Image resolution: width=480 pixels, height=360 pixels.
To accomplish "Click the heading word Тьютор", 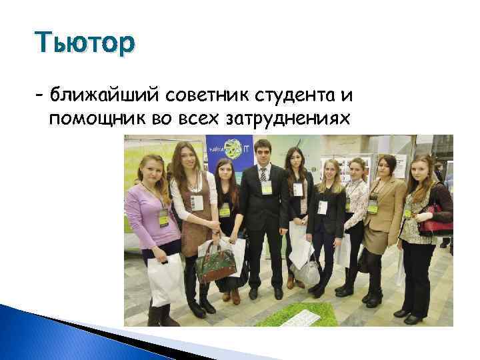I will pyautogui.click(x=87, y=44).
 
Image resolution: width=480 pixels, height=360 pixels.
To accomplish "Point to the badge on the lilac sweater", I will pyautogui.click(x=162, y=216).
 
